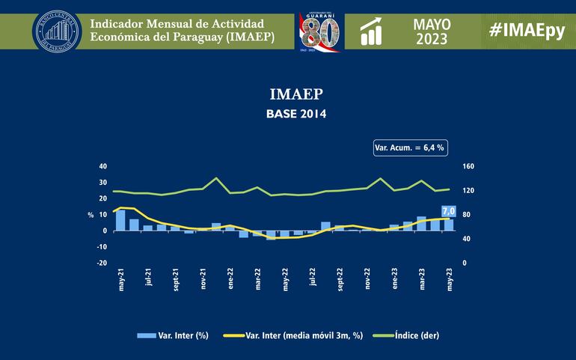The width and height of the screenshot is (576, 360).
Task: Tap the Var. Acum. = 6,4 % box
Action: click(409, 147)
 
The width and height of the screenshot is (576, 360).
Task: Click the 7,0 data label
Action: click(449, 211)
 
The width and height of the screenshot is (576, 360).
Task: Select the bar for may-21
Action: click(120, 220)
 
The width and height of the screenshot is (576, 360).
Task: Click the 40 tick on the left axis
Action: click(103, 166)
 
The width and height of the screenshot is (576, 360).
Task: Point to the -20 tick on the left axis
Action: click(102, 263)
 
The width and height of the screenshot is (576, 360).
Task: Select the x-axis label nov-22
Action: click(367, 279)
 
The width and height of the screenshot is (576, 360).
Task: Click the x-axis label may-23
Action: click(449, 279)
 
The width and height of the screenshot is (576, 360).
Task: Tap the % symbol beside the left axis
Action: click(91, 215)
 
